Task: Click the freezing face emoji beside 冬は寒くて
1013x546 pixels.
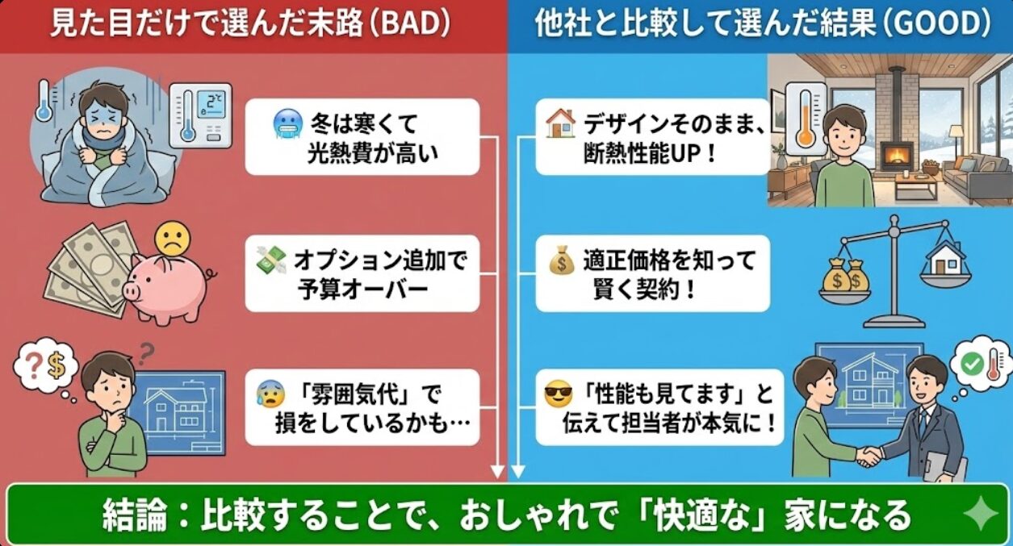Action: pyautogui.click(x=287, y=125)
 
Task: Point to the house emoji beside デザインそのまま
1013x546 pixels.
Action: pyautogui.click(x=561, y=123)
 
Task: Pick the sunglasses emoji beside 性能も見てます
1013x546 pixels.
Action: pyautogui.click(x=558, y=394)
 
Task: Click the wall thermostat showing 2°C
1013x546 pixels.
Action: pyautogui.click(x=201, y=115)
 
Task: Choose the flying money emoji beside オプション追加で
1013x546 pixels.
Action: pyautogui.click(x=271, y=260)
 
